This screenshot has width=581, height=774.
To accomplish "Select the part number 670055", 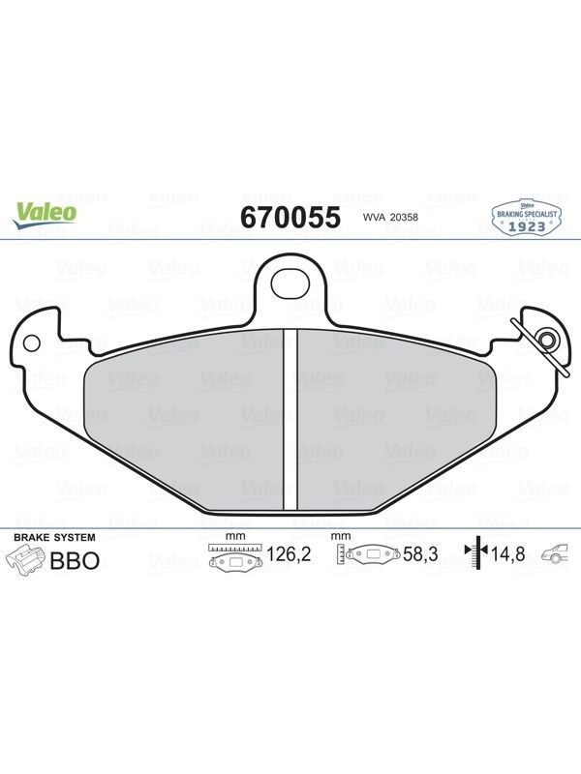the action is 290,217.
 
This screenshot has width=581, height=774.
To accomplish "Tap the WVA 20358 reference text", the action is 390,217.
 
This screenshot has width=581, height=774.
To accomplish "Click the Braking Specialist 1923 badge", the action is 527,218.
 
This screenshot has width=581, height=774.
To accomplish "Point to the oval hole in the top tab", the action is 290,283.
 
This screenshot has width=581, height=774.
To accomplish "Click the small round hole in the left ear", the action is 32,342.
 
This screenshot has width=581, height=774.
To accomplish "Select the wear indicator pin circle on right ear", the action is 547,340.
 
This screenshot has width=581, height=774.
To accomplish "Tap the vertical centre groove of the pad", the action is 290,419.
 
